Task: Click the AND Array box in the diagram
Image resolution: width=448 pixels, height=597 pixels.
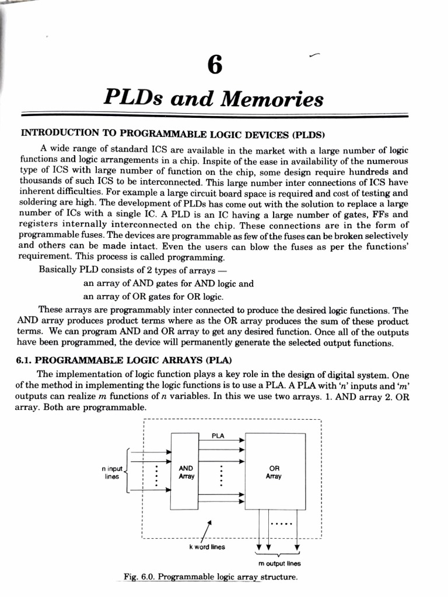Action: coord(185,472)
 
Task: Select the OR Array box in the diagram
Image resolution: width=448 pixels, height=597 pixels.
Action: coord(274,472)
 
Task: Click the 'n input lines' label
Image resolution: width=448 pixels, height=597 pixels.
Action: coord(111,472)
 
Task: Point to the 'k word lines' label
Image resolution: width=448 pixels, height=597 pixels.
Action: coord(206,547)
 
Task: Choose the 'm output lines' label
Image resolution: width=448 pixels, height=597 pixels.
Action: coord(279,564)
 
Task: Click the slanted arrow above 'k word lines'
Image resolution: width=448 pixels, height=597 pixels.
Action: coord(205,531)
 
